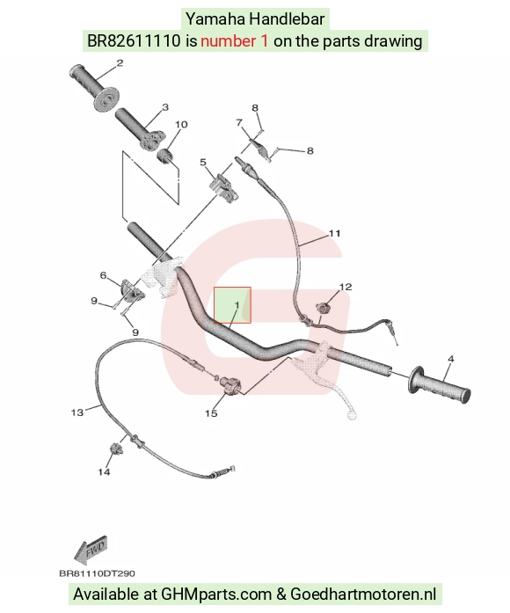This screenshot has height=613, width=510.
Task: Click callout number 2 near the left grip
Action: pyautogui.click(x=120, y=63)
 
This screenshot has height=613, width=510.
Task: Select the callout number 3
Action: pyautogui.click(x=165, y=107)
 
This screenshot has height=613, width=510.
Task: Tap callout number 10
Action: pyautogui.click(x=181, y=124)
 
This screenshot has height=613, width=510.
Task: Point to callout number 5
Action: pyautogui.click(x=203, y=162)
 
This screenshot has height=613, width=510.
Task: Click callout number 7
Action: pyautogui.click(x=239, y=123)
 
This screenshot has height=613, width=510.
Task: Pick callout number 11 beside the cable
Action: pyautogui.click(x=334, y=233)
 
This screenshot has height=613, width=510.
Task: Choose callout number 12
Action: pyautogui.click(x=346, y=287)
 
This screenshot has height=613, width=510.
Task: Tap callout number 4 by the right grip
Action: pyautogui.click(x=450, y=359)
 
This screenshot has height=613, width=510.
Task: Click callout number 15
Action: pyautogui.click(x=211, y=413)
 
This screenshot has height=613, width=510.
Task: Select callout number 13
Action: pyautogui.click(x=77, y=412)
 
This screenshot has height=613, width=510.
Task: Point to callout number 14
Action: pyautogui.click(x=104, y=472)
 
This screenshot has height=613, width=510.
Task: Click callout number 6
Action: pyautogui.click(x=103, y=275)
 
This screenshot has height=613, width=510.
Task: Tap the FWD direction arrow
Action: pyautogui.click(x=90, y=550)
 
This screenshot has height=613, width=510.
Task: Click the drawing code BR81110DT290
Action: pyautogui.click(x=97, y=573)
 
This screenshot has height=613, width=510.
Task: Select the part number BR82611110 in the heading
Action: pyautogui.click(x=134, y=40)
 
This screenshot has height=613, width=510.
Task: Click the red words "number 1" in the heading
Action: pyautogui.click(x=235, y=40)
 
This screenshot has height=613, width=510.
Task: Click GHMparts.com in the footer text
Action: pyautogui.click(x=216, y=595)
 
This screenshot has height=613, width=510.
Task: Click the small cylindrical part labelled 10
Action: pyautogui.click(x=164, y=155)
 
